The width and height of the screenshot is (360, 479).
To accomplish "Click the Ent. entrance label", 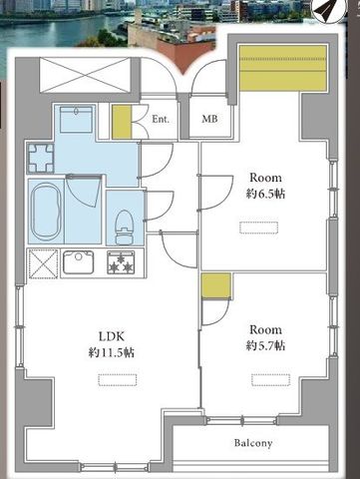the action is click(161, 119).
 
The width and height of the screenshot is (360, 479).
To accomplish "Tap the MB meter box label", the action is click(209, 119).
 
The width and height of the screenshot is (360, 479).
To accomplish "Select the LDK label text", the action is click(112, 336).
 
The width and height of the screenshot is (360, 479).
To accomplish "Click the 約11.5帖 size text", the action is click(112, 352).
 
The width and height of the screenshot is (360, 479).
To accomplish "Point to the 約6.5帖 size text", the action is click(265, 194).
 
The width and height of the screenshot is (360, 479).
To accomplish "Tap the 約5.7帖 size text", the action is click(265, 346).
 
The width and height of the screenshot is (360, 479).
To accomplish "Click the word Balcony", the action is click(253, 443).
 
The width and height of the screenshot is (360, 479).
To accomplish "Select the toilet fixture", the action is click(124, 228).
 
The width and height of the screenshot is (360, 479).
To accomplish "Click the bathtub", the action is click(46, 212).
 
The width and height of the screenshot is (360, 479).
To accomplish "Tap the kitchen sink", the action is click(78, 262).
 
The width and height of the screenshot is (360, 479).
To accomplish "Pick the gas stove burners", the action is click(121, 262).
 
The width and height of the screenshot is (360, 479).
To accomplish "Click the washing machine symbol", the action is click(41, 158).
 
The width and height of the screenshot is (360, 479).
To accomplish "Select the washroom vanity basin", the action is click(76, 120).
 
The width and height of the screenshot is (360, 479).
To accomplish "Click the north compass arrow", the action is click(326, 11).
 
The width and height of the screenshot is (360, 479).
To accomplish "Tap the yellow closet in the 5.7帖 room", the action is click(216, 285).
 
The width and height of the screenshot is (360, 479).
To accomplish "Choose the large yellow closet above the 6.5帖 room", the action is click(283, 68).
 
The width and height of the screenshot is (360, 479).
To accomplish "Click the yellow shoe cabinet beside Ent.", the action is click(122, 122).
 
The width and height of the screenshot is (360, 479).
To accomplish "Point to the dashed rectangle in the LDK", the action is click(118, 380).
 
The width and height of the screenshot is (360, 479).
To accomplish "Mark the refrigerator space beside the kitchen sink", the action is click(44, 263).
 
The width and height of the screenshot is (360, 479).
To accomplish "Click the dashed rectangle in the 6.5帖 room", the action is click(258, 228).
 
